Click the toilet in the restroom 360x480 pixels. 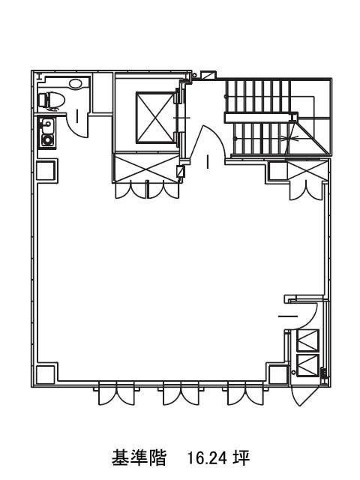pyautogui.click(x=52, y=100)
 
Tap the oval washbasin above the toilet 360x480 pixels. pyautogui.click(x=76, y=83)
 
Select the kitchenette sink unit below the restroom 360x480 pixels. pyautogui.click(x=47, y=133)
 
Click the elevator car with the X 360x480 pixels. pyautogui.click(x=155, y=118)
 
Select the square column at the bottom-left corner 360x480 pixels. pyautogui.click(x=46, y=373)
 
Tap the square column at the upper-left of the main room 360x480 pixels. pyautogui.click(x=46, y=170)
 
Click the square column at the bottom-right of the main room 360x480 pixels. pyautogui.click(x=278, y=373)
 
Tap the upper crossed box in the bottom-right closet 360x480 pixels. pyautogui.click(x=307, y=340)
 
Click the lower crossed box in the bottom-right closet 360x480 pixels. pyautogui.click(x=307, y=365)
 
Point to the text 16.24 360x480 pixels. pyautogui.click(x=207, y=458)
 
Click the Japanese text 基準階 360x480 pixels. pyautogui.click(x=139, y=458)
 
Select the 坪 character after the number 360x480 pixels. pyautogui.click(x=241, y=458)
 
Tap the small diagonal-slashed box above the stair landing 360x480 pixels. pyautogui.click(x=208, y=75)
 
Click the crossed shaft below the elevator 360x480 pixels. pyautogui.click(x=146, y=168)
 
